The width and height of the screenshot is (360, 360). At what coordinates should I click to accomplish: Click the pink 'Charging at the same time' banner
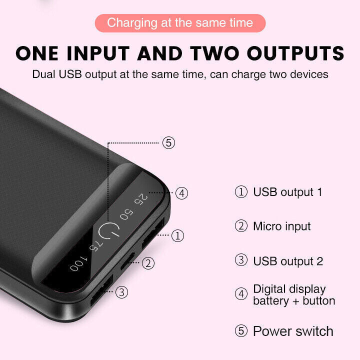180,23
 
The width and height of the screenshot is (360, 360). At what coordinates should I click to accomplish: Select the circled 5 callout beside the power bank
168,143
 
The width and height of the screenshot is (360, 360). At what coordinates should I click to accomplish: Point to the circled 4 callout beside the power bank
181,192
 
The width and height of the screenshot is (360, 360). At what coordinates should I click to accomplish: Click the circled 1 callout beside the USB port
177,235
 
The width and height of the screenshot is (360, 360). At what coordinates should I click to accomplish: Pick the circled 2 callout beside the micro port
148,263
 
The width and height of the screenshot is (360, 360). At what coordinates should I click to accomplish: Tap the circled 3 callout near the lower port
122,292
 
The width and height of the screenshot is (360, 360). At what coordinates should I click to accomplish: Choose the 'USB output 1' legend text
287,192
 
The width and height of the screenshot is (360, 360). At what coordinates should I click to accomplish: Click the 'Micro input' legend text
281,226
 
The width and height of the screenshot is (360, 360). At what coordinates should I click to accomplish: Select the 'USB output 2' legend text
287,261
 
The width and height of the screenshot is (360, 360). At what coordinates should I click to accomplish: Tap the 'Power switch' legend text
293,331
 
